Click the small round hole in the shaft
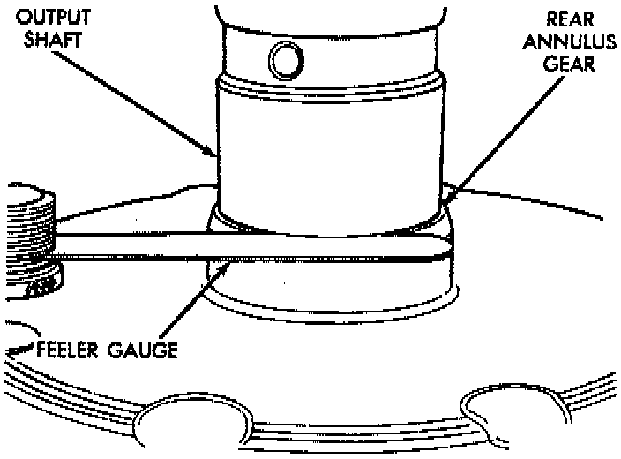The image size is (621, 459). pos(284,59)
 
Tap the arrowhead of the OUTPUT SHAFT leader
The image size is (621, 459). pos(217,156)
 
